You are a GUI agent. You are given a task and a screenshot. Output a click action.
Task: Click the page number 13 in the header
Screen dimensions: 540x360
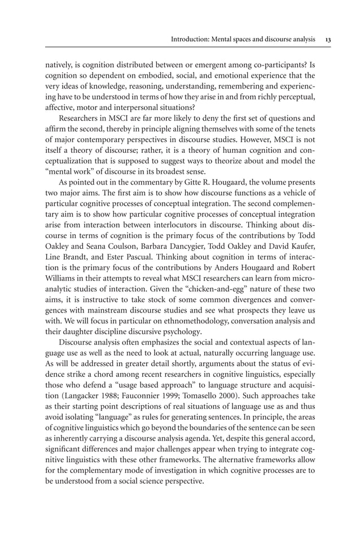coord(328,39)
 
